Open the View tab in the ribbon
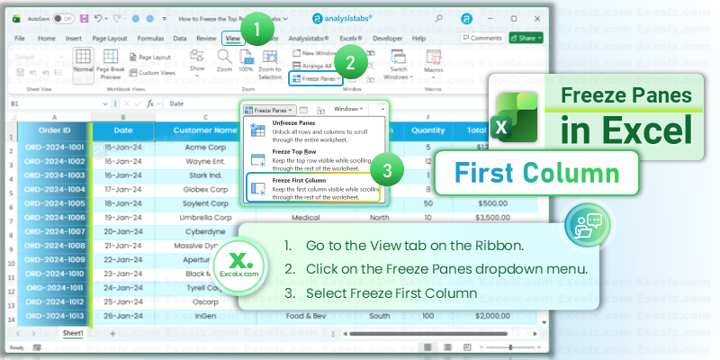[233, 39]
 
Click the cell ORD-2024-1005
[54, 203]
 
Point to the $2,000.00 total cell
[475, 316]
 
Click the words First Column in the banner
[535, 172]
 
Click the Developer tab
[387, 39]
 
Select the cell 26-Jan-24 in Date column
[122, 316]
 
